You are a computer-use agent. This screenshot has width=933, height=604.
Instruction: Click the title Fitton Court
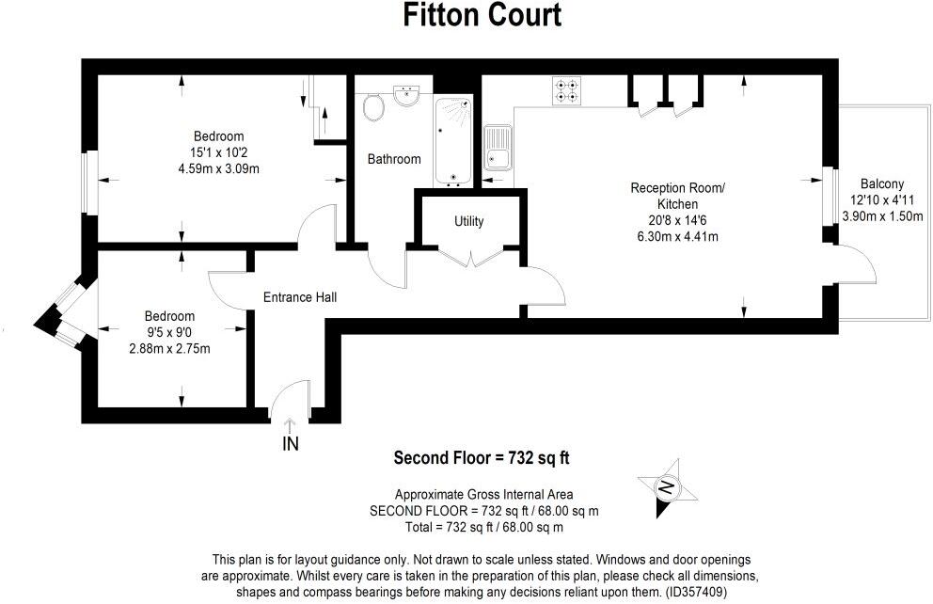click(482, 16)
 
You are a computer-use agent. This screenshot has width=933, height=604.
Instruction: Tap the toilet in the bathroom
click(373, 106)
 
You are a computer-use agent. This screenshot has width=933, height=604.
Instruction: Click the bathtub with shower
click(455, 141)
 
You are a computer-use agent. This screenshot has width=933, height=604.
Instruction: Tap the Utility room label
click(468, 222)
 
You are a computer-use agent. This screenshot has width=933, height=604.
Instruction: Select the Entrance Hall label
click(299, 297)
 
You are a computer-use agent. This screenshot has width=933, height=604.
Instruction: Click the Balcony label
click(881, 184)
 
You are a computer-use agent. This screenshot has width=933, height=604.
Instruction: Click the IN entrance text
click(291, 444)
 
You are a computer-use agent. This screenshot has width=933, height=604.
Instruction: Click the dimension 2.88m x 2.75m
click(169, 349)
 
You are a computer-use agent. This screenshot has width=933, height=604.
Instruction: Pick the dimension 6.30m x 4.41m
click(676, 236)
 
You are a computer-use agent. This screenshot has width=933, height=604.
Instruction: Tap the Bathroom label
click(394, 159)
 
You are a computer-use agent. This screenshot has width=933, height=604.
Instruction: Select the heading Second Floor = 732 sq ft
click(482, 459)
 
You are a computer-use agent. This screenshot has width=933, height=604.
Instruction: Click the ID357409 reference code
click(692, 592)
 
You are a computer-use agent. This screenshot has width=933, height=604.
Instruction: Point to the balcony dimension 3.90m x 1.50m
click(882, 216)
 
